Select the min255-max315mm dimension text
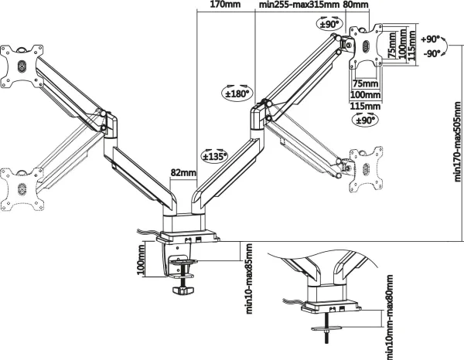click(299, 5)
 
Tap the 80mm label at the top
click(356, 5)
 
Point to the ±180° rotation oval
click(237, 93)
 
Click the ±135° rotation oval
click(215, 155)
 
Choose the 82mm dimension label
click(183, 172)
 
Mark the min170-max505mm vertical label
click(458, 142)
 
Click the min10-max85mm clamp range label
click(249, 278)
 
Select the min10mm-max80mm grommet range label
click(390, 318)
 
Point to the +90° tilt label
click(430, 39)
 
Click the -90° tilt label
click(432, 54)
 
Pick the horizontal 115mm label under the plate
click(365, 106)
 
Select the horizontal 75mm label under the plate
click(366, 83)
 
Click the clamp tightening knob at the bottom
click(183, 290)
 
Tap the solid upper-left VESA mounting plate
click(22, 66)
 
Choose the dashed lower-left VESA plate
click(22, 189)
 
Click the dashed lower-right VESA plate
click(366, 169)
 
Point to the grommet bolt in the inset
click(326, 328)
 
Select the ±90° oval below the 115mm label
click(365, 120)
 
